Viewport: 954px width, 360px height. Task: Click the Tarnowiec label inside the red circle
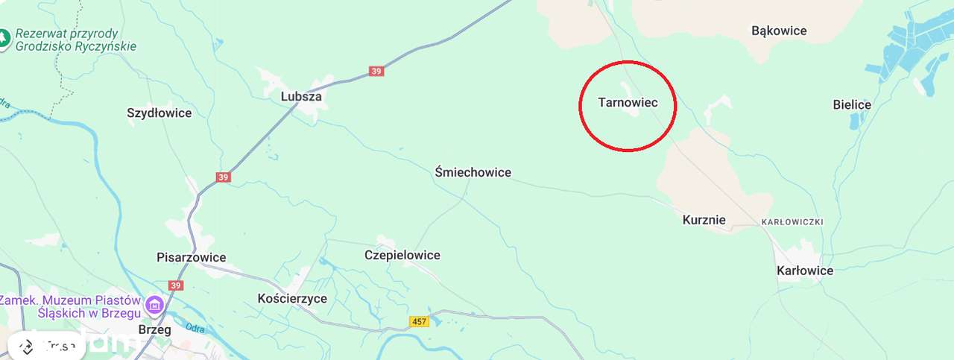click(628, 103)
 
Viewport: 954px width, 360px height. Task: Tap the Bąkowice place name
click(779, 31)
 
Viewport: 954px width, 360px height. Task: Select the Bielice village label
click(852, 104)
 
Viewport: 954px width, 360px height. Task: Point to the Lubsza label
click(301, 97)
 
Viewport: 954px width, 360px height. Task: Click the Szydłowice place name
click(159, 113)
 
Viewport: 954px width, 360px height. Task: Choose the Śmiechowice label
click(473, 172)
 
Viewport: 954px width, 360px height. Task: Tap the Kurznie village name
click(704, 220)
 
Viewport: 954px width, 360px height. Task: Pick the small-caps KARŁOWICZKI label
click(792, 222)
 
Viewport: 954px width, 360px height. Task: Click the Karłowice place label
click(805, 271)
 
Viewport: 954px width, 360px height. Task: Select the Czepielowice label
click(402, 255)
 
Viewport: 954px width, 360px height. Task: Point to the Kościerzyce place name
click(291, 298)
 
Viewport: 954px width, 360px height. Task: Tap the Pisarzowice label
click(191, 257)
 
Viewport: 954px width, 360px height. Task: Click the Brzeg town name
click(155, 329)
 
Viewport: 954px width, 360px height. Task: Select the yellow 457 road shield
click(419, 321)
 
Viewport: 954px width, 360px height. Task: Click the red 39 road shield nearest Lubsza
click(376, 72)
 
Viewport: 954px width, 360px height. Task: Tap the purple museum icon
click(155, 303)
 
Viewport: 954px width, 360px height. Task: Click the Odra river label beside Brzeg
click(195, 328)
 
